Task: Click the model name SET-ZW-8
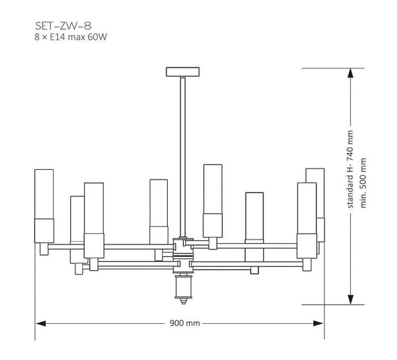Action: tap(63, 26)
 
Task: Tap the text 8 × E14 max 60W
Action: tap(70, 37)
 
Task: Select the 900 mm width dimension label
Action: tap(185, 323)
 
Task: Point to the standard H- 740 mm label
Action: tap(350, 169)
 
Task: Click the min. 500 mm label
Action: tap(363, 183)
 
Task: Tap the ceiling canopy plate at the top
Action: tap(182, 72)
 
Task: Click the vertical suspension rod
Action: tap(182, 157)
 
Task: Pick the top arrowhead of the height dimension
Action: tap(350, 73)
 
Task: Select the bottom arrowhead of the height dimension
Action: tap(350, 299)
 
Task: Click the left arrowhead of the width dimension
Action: tap(40, 323)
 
